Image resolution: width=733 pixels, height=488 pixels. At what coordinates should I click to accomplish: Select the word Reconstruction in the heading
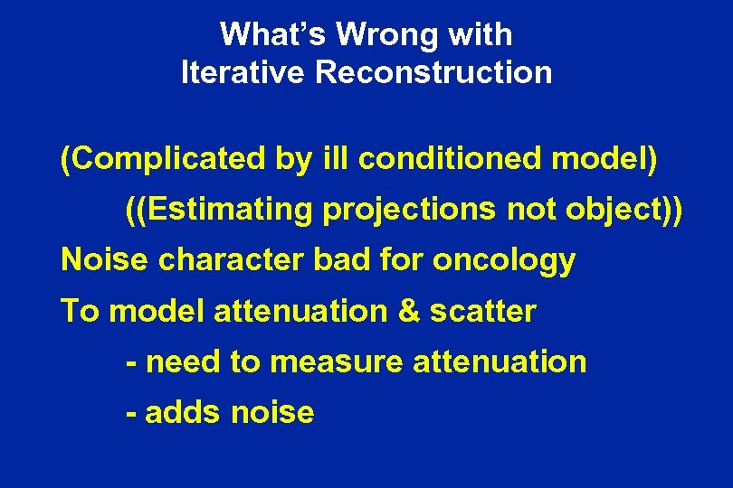[x=433, y=72]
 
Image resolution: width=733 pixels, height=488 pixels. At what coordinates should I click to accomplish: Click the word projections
[x=406, y=210]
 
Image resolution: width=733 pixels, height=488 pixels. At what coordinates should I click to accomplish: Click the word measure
[x=337, y=362]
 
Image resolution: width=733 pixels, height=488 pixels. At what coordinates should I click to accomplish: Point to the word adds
[x=185, y=413]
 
